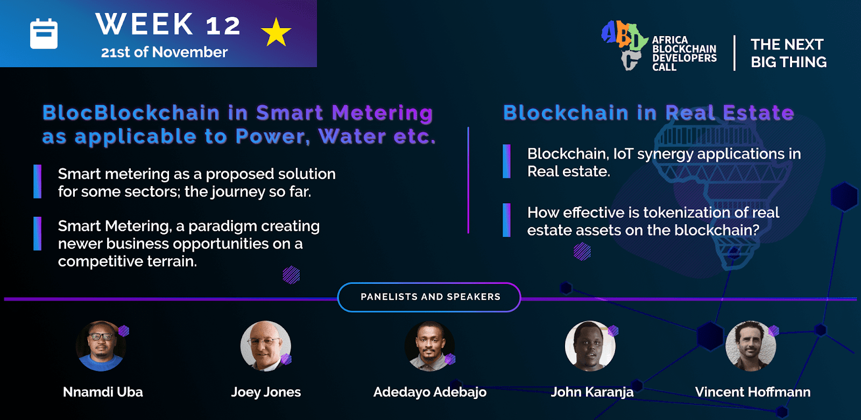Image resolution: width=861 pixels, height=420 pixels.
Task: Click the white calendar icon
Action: pyautogui.click(x=44, y=34)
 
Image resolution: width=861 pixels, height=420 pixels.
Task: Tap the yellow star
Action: pyautogui.click(x=276, y=32)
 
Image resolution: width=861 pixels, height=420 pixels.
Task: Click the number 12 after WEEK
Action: pyautogui.click(x=223, y=26)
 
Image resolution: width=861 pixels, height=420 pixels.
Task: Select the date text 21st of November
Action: pyautogui.click(x=164, y=52)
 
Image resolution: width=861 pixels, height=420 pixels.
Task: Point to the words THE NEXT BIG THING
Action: pyautogui.click(x=788, y=53)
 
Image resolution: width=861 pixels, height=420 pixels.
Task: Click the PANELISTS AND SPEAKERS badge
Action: pyautogui.click(x=429, y=297)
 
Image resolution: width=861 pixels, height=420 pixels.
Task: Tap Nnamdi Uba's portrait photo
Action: pyautogui.click(x=101, y=346)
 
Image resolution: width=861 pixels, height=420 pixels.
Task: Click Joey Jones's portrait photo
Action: pyautogui.click(x=266, y=346)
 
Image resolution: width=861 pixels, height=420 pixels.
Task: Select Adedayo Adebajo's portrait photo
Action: pyautogui.click(x=429, y=346)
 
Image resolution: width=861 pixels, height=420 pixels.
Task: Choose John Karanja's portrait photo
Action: pyautogui.click(x=590, y=346)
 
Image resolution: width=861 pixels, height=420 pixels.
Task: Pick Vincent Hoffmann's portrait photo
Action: pyautogui.click(x=751, y=346)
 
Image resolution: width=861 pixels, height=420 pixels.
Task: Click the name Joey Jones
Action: pyautogui.click(x=266, y=392)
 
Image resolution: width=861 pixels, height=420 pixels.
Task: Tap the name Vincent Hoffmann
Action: pyautogui.click(x=753, y=392)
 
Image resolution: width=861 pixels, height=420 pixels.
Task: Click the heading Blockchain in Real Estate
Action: pyautogui.click(x=649, y=112)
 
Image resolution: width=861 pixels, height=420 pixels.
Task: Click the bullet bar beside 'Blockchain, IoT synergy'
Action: pyautogui.click(x=506, y=161)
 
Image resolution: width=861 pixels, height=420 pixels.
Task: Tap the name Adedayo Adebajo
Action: pyautogui.click(x=430, y=393)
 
